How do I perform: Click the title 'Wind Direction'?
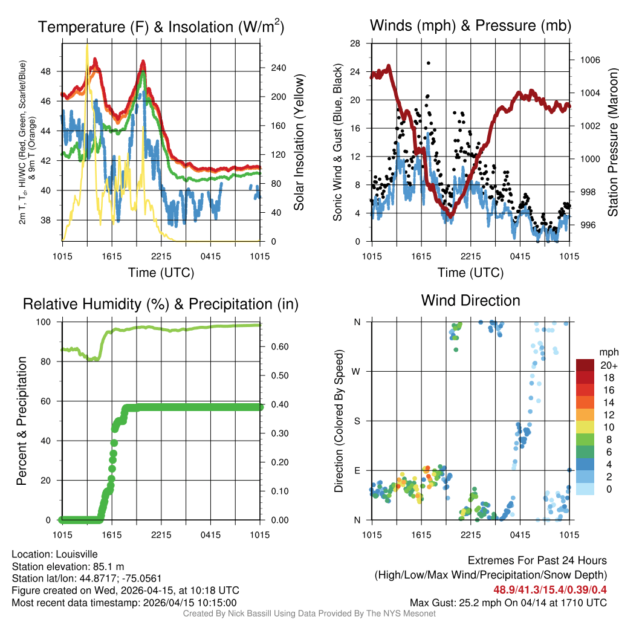click(x=470, y=300)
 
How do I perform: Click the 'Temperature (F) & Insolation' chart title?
click(x=161, y=27)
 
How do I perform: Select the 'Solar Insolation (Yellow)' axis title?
click(x=299, y=143)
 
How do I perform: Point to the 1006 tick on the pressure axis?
click(x=589, y=60)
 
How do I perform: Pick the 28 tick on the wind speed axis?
click(x=355, y=44)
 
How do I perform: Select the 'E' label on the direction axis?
click(x=357, y=470)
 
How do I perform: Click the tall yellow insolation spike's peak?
click(x=87, y=44)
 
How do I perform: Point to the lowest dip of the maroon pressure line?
click(x=450, y=215)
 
